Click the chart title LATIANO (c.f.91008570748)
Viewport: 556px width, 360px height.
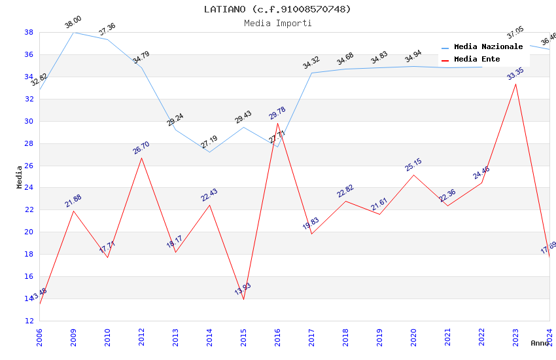[x=277, y=9]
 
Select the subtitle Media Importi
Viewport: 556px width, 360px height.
[x=277, y=23]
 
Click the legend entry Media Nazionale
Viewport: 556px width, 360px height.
[x=488, y=47]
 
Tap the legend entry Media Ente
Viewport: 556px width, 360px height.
[x=477, y=60]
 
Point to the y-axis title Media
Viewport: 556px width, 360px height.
[x=20, y=177]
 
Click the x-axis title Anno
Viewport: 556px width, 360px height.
[x=540, y=343]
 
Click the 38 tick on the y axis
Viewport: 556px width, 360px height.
[x=29, y=32]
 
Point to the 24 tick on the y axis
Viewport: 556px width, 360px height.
[x=29, y=188]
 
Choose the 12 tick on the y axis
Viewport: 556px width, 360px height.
[x=29, y=321]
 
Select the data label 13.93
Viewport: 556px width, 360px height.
[x=243, y=289]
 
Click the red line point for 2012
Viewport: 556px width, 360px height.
[x=141, y=158]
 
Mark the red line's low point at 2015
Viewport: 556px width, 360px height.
[x=243, y=299]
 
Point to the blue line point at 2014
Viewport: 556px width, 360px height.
[x=209, y=152]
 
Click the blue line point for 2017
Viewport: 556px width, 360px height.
[x=311, y=73]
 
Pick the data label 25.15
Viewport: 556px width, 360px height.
[x=413, y=164]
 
